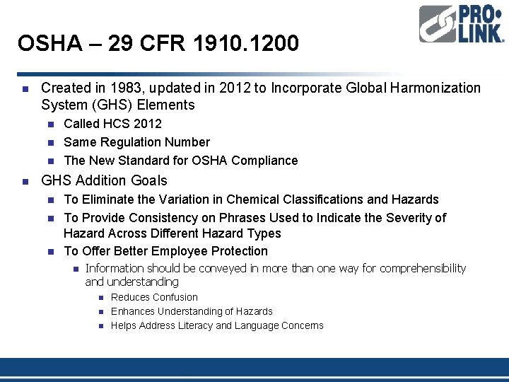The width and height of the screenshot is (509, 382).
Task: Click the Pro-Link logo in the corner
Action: click(x=461, y=24)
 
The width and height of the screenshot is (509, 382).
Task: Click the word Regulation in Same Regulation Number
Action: click(x=132, y=142)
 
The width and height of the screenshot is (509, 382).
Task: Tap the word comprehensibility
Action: click(x=423, y=269)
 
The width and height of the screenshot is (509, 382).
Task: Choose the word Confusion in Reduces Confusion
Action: click(x=175, y=298)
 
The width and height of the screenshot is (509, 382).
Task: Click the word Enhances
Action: click(x=131, y=312)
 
